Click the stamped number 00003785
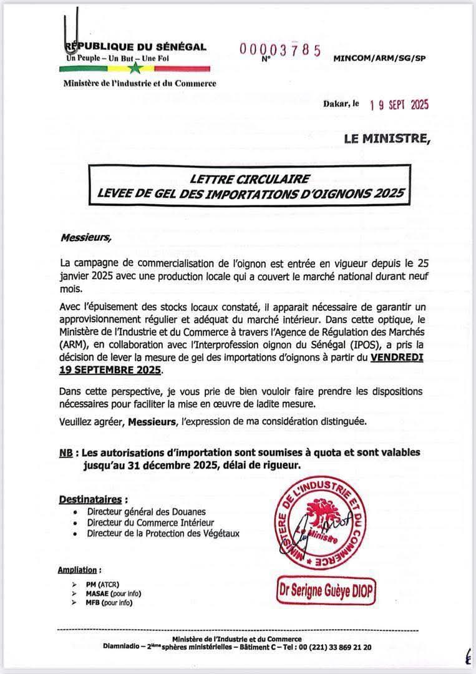point(279,50)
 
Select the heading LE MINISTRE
point(387,139)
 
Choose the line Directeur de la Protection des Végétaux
point(163,533)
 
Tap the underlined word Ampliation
point(77,570)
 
